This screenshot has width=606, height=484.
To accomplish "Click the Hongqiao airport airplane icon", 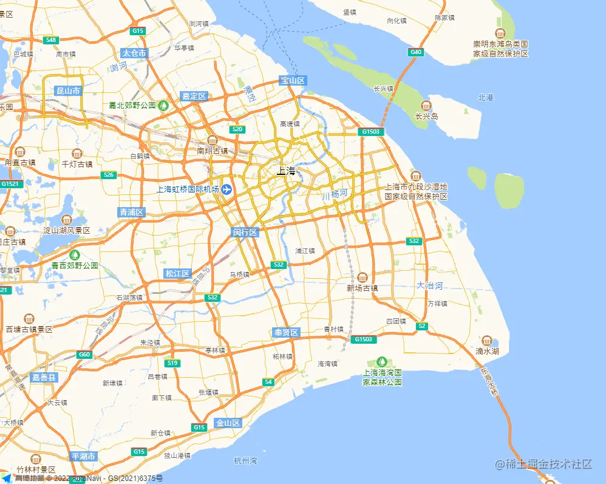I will (227, 189).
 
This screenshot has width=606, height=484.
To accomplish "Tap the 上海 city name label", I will (286, 171).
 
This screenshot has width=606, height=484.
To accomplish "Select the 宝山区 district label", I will (293, 81).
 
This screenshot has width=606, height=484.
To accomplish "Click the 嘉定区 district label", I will (194, 97).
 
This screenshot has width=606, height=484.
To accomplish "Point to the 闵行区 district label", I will (245, 233).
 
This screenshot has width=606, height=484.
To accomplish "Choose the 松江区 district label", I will (178, 274).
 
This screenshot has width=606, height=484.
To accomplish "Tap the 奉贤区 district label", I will (286, 333).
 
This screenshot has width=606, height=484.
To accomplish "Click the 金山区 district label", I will (228, 423).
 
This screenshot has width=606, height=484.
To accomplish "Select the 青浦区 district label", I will (132, 212).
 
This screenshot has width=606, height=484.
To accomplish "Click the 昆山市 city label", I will (68, 91).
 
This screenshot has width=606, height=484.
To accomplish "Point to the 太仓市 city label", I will (134, 53).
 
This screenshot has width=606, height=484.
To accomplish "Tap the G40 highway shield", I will (416, 52).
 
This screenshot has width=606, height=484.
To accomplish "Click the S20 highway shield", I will (237, 129).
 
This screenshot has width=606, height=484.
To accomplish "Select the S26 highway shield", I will (109, 176).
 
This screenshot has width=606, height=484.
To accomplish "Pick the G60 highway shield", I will (84, 355).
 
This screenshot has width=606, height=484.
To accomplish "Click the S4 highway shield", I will (268, 382).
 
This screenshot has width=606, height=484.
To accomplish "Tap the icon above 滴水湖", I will (487, 340).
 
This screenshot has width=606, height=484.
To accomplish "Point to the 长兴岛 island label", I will (427, 116).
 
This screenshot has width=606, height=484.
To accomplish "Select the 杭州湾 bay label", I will (245, 461).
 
